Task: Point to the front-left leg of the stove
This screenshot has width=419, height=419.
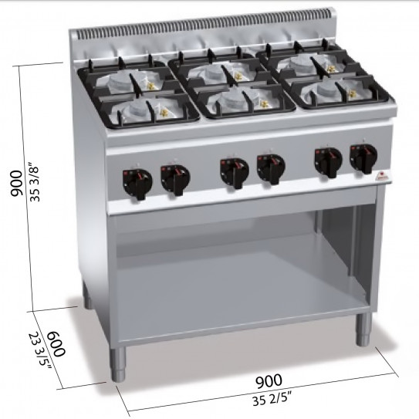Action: (x=119, y=364)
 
